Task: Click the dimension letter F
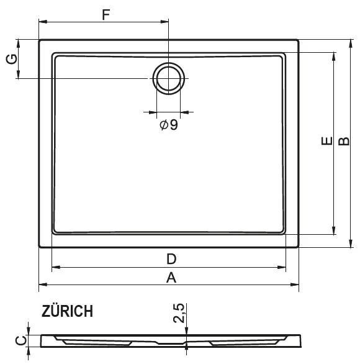click(x=106, y=15)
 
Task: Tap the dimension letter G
click(x=11, y=59)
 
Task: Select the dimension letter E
click(x=327, y=141)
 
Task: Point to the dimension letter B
click(x=344, y=141)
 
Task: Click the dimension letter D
click(x=171, y=259)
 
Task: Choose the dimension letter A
click(x=171, y=278)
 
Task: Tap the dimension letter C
click(x=21, y=341)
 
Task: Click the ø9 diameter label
click(x=169, y=125)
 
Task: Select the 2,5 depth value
click(x=179, y=313)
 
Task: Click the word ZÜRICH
click(x=67, y=311)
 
